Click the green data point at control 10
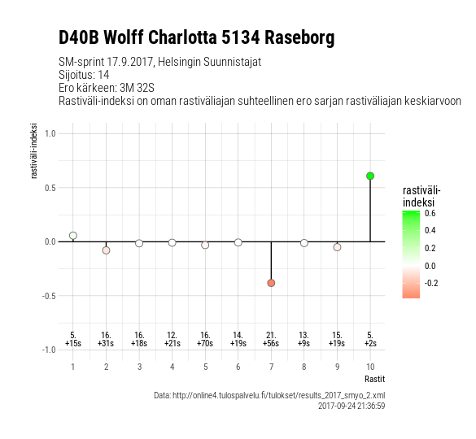point(370,176)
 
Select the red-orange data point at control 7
point(271,283)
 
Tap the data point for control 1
point(73,236)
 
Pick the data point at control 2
point(106,250)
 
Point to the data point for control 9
point(337,247)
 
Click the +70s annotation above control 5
point(205,343)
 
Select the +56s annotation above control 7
point(271,343)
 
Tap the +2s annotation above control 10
point(370,343)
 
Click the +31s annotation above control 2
point(106,343)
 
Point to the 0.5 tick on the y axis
point(50,188)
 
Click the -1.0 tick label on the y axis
point(49,350)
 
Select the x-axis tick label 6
point(238,367)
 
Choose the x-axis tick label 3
point(139,367)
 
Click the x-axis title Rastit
point(374,379)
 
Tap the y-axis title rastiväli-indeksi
point(33,150)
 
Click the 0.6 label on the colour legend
point(430,213)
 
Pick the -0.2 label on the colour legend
point(431,283)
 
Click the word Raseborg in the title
point(299,37)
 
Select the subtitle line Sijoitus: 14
point(84,75)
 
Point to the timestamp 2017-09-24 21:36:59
point(352,406)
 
